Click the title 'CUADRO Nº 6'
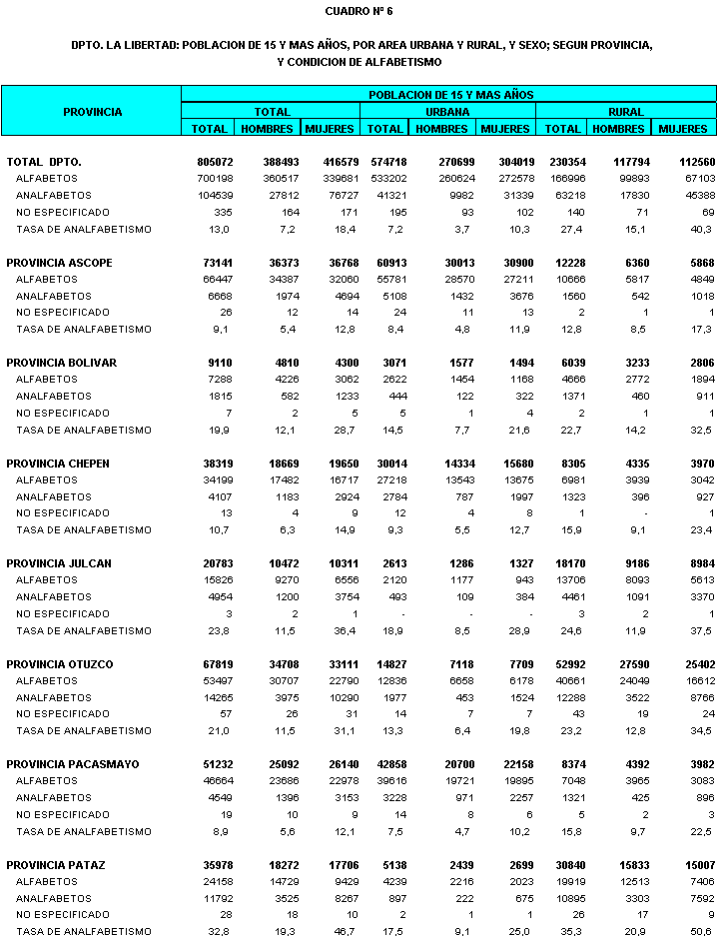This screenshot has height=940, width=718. [359, 11]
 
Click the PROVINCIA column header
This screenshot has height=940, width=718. [92, 112]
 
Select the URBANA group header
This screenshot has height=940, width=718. [448, 112]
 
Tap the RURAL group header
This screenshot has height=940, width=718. [626, 112]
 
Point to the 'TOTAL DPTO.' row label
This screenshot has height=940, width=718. [44, 162]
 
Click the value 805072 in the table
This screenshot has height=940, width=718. [215, 162]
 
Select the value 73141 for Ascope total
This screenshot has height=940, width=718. [218, 262]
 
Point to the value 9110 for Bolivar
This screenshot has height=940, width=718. [221, 363]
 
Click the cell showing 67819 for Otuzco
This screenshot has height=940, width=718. [218, 664]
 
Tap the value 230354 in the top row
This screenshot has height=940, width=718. [564, 162]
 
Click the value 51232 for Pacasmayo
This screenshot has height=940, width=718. [218, 764]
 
